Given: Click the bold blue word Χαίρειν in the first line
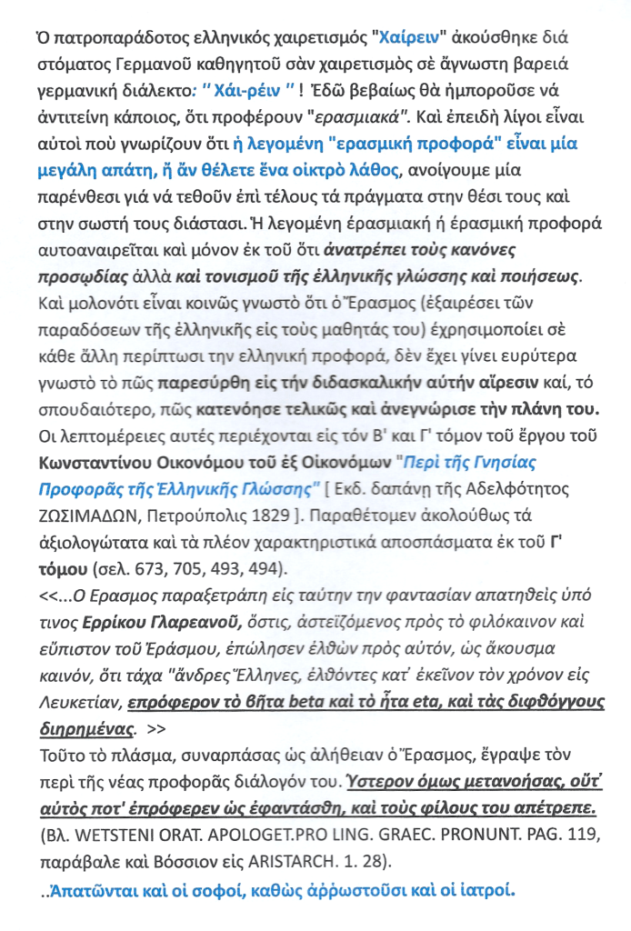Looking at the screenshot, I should click(x=404, y=39).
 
